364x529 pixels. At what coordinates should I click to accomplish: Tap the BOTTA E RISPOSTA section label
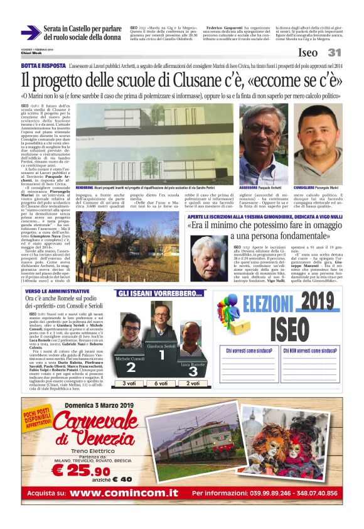pyautogui.click(x=43, y=65)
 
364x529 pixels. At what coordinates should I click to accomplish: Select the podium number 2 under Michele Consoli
pyautogui.click(x=131, y=368)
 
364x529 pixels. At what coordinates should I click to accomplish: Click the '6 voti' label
pyautogui.click(x=162, y=383)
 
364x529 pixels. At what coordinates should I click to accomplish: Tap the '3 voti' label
pyautogui.click(x=130, y=383)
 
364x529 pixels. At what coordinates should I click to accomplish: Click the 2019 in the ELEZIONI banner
pyautogui.click(x=311, y=305)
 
